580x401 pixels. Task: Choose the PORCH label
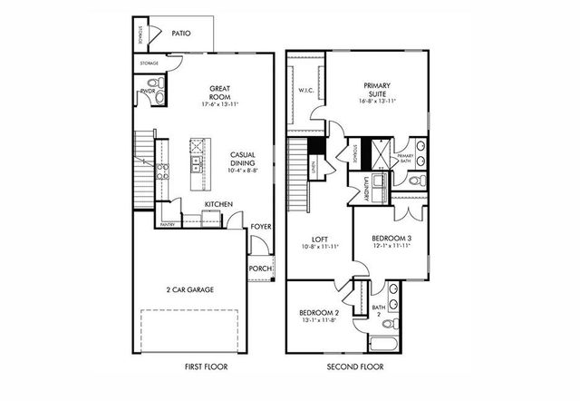pyautogui.click(x=260, y=268)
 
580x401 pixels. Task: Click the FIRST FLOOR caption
pyautogui.click(x=202, y=367)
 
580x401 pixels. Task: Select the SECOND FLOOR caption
pyautogui.click(x=356, y=367)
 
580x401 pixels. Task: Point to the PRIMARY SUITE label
pyautogui.click(x=376, y=90)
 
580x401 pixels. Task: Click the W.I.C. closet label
pyautogui.click(x=304, y=91)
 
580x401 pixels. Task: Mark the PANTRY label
pyautogui.click(x=168, y=222)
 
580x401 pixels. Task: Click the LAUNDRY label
pyautogui.click(x=365, y=188)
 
